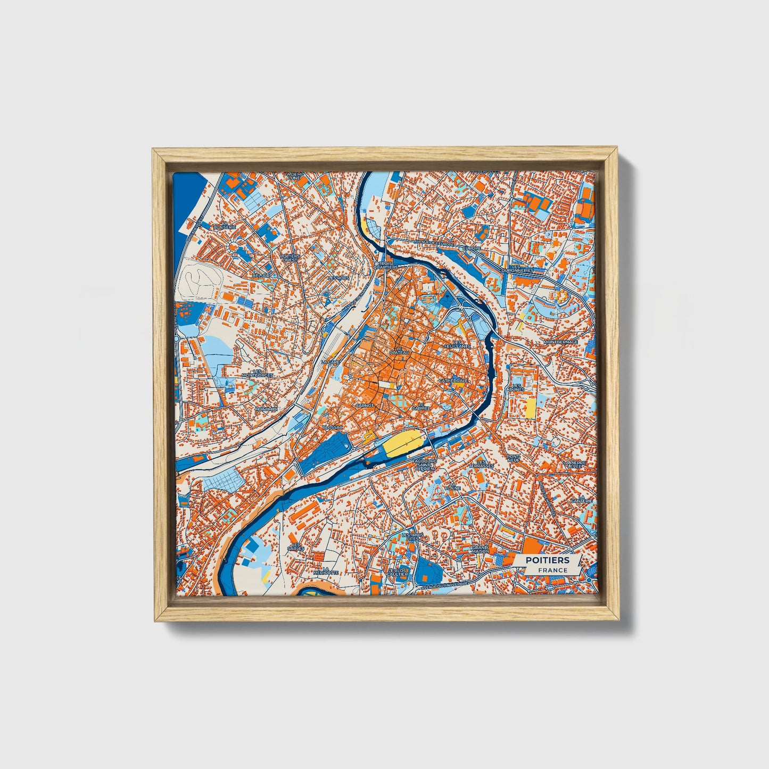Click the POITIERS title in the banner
coord(547,560)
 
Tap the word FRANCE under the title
coord(552,570)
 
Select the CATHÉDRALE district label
coord(453,382)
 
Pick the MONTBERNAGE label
coord(560,342)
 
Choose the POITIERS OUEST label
coord(291,258)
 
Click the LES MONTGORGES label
coord(258,373)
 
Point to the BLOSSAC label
coord(334,427)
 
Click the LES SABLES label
coord(295,546)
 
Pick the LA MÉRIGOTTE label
coord(326,570)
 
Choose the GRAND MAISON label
coord(480,549)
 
